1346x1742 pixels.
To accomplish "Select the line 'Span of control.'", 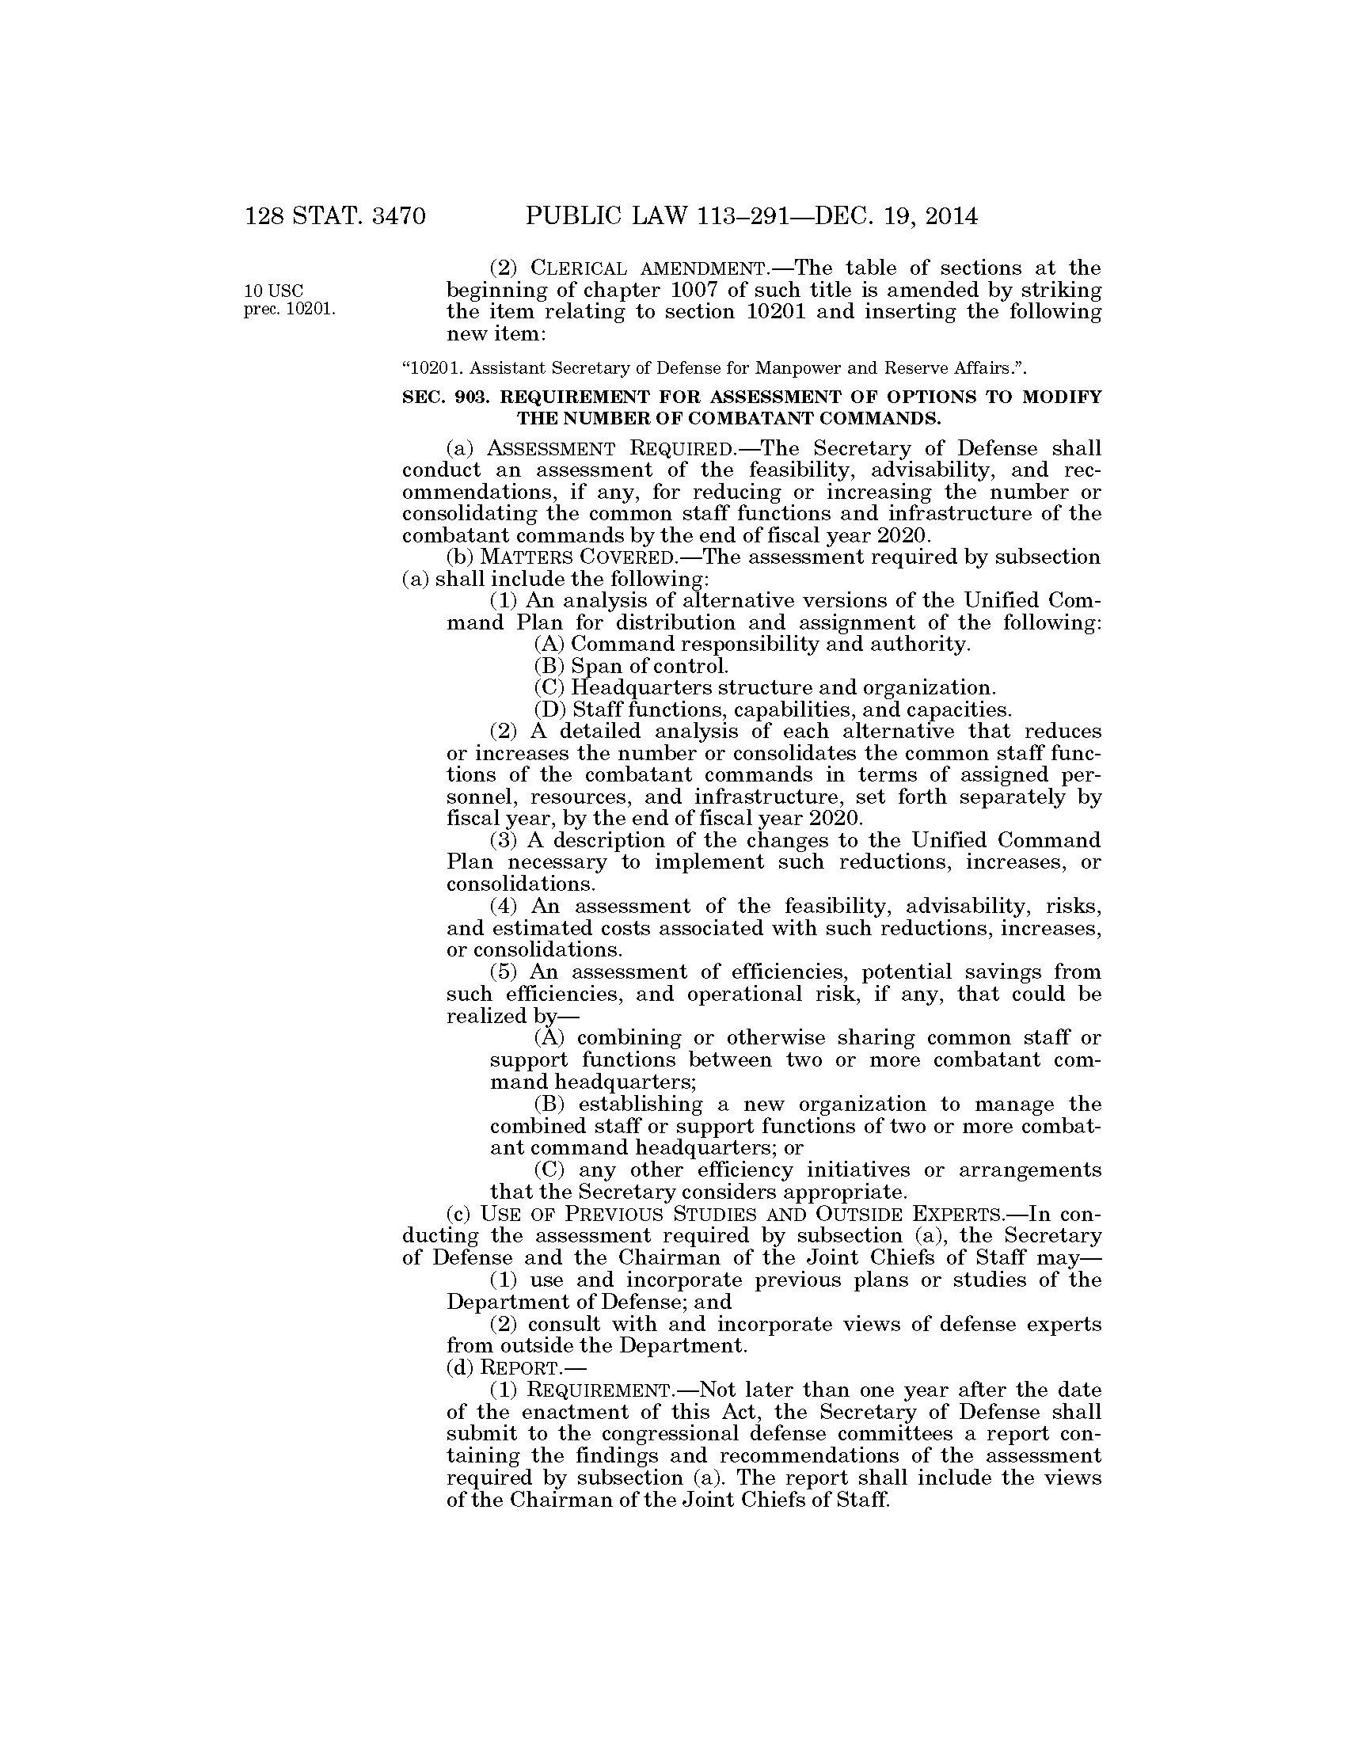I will click(x=649, y=665).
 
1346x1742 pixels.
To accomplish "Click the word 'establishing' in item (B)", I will click(x=641, y=1105).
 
